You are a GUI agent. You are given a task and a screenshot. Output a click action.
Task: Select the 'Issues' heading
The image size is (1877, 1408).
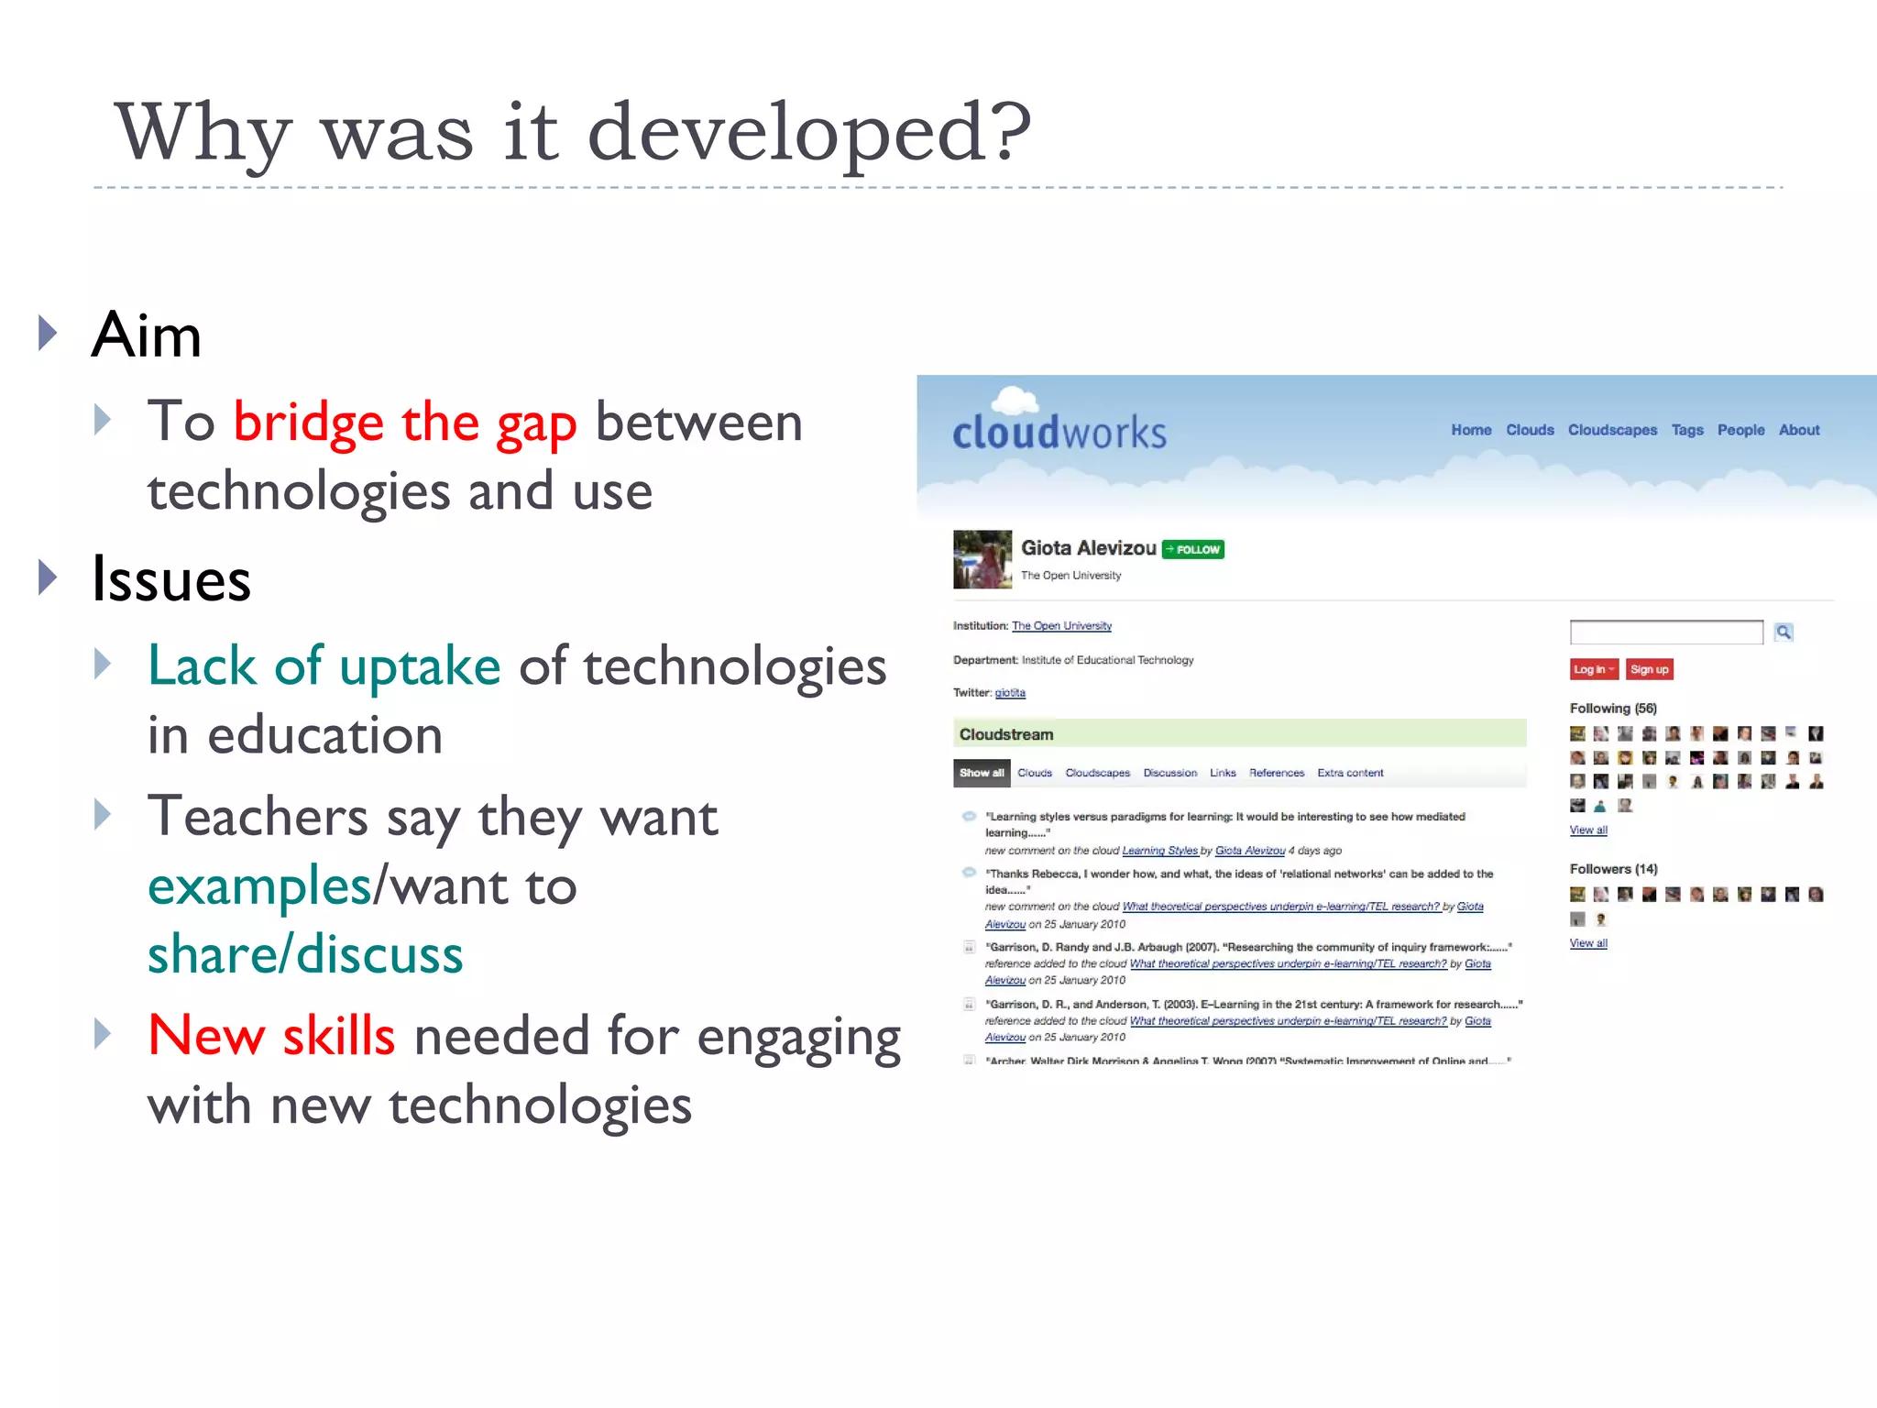pos(171,579)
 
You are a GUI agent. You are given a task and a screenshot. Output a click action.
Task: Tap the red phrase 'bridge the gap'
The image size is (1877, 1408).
pos(404,423)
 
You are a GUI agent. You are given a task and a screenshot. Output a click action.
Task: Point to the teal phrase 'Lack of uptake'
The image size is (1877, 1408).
pos(324,665)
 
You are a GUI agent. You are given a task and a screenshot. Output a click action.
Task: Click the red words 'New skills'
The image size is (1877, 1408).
pos(271,1035)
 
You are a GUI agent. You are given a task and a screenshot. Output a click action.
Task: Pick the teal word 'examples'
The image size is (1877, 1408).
pos(259,885)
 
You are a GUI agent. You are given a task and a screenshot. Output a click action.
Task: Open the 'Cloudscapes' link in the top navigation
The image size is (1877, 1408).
pos(1612,430)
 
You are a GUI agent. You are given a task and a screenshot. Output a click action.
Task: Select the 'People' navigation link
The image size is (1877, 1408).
pos(1740,430)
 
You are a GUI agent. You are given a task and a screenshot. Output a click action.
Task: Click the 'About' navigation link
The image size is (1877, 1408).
pos(1799,430)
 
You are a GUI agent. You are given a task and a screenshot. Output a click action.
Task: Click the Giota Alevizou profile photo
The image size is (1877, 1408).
pos(982,559)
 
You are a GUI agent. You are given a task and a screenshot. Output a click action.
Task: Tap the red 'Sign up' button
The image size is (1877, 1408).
pos(1649,669)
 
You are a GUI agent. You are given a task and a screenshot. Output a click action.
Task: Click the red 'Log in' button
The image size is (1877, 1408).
pos(1593,669)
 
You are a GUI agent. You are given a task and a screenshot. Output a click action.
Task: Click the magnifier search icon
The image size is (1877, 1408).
pos(1784,632)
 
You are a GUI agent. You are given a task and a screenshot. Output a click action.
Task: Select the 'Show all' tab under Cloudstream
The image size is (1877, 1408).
pos(982,773)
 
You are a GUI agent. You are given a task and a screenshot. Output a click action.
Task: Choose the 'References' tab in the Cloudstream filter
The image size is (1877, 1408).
pos(1276,773)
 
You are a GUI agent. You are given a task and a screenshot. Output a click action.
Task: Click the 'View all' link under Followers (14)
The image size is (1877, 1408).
pos(1588,943)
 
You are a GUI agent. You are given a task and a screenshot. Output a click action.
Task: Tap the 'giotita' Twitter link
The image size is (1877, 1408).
pos(1010,693)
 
